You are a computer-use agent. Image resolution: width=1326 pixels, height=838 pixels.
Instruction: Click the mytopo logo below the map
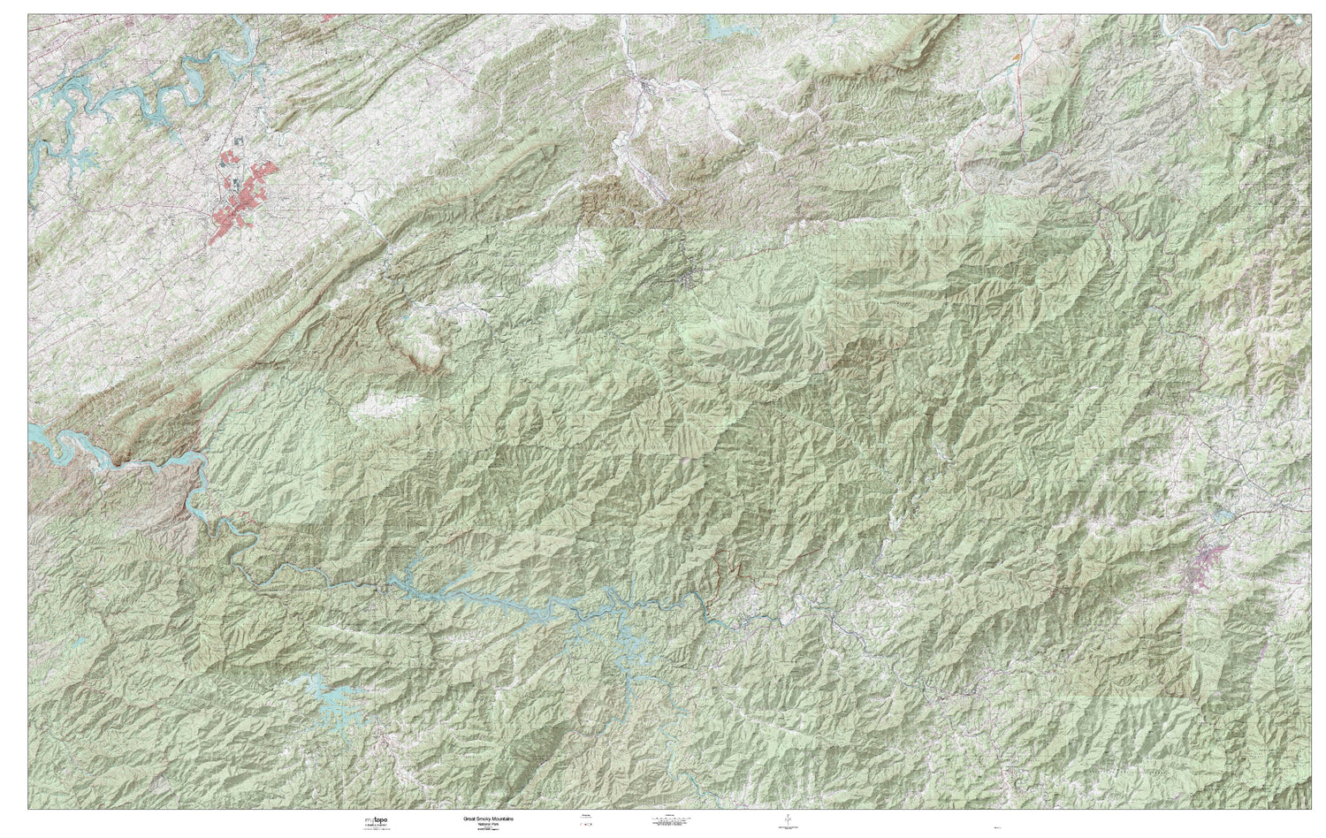374,821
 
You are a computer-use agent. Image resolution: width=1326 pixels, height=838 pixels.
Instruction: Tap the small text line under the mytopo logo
374,829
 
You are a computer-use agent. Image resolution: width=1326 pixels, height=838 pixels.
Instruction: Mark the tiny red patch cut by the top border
329,16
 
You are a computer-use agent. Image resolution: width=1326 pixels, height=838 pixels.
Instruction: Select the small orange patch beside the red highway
1018,54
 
